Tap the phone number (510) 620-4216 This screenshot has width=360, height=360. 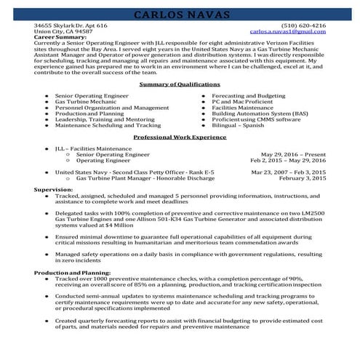pos(303,25)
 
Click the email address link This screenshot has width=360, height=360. pos(287,31)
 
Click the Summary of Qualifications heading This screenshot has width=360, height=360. pos(180,84)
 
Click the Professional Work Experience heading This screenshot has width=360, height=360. pos(180,137)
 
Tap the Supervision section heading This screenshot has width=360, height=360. pos(54,189)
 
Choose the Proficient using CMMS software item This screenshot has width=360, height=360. pos(255,119)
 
